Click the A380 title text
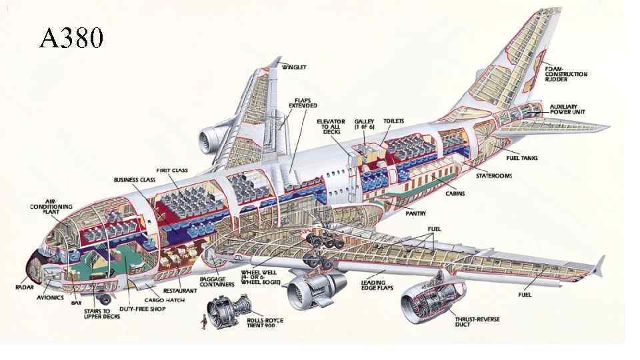click(71, 38)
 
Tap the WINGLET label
click(293, 67)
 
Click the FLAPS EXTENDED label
click(302, 103)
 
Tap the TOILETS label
click(393, 121)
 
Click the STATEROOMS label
click(494, 176)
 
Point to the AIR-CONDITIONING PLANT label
click(51, 206)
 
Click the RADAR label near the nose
click(25, 287)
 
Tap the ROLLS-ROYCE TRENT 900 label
click(265, 323)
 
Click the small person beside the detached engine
click(202, 325)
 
